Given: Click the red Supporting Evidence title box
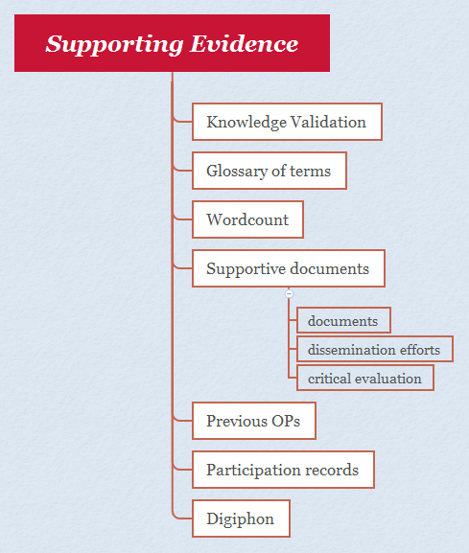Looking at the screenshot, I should click(x=173, y=43).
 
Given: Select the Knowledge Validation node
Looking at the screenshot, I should click(x=287, y=122).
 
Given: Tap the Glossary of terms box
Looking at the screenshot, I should click(x=269, y=172).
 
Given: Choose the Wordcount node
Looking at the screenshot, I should click(x=247, y=219).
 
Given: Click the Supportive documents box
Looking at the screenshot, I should click(x=288, y=268).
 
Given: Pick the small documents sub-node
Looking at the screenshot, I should click(x=343, y=320).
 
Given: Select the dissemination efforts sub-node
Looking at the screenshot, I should click(x=374, y=349).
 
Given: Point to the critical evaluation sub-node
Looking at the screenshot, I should click(x=364, y=378).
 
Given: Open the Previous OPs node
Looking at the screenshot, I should click(x=253, y=421).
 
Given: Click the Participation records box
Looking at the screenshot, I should click(x=283, y=470).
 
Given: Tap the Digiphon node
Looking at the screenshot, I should click(x=241, y=518).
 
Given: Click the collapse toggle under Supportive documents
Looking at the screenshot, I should click(x=289, y=293).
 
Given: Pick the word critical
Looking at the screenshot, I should click(x=329, y=378).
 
